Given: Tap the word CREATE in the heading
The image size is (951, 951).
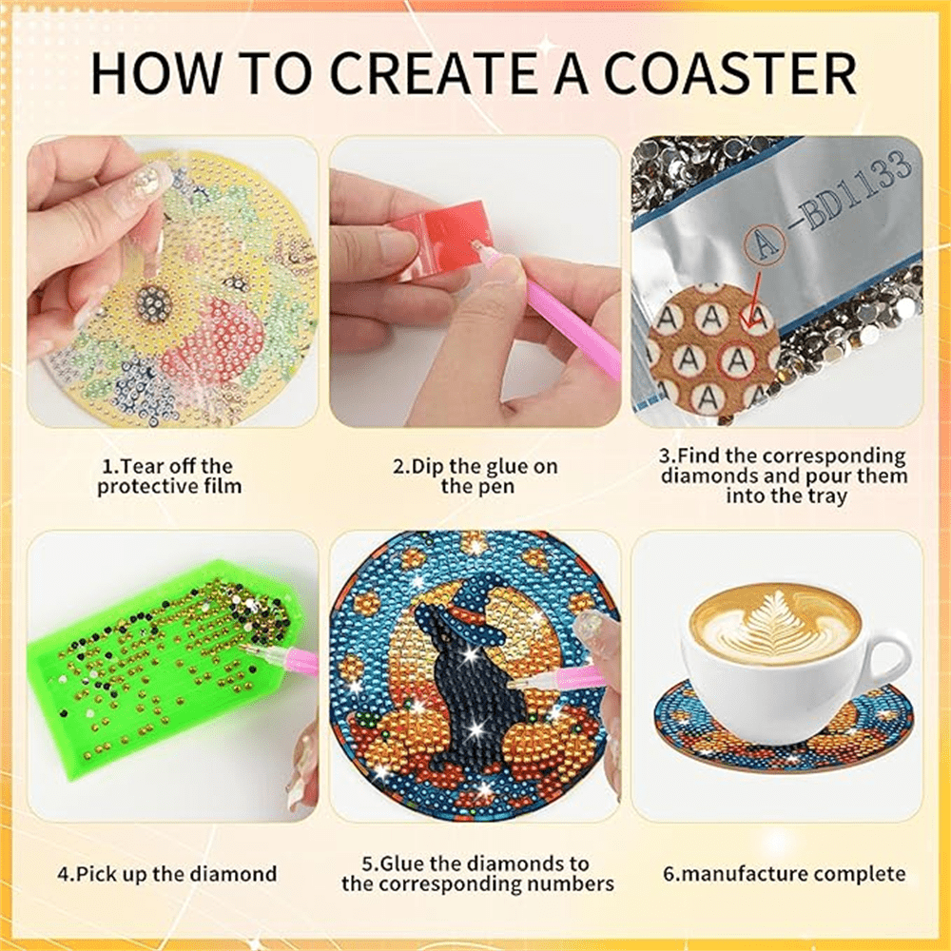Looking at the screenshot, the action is click(433, 73).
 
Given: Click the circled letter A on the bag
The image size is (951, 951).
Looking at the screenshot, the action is click(765, 244).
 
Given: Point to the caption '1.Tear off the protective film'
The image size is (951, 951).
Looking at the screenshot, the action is click(168, 476).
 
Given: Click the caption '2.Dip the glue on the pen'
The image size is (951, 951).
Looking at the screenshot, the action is click(475, 476).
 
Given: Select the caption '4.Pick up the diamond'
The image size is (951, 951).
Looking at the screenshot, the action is click(167, 874).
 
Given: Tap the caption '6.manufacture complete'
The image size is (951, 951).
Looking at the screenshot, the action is click(785, 874).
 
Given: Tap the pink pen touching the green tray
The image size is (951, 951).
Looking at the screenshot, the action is click(281, 657).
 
